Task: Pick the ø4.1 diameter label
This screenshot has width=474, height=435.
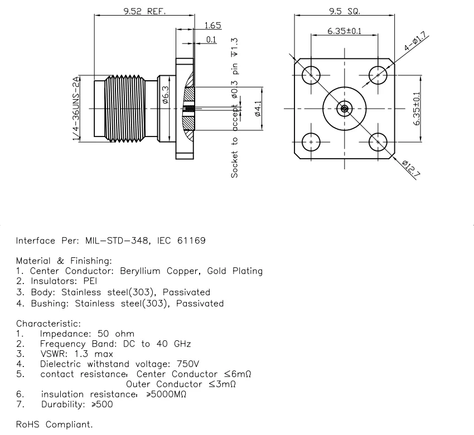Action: point(257,109)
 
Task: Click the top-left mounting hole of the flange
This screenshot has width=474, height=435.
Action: point(310,75)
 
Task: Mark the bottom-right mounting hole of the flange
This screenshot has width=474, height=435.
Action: point(379,143)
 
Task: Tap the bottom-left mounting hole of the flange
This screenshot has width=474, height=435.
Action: point(310,143)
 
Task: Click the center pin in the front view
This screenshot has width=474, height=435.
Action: point(345,109)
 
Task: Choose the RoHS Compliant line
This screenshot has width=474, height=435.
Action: point(55,424)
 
